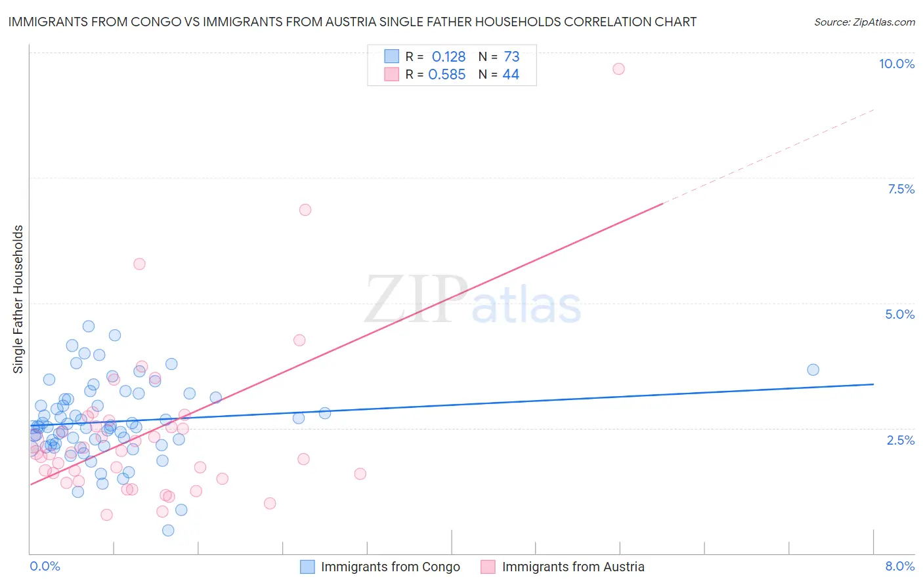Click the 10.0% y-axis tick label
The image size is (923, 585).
[896, 64]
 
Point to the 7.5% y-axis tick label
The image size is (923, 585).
[901, 189]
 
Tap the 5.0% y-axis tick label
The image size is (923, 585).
[899, 314]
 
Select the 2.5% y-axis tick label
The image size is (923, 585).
[900, 440]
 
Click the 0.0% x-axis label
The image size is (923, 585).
[45, 566]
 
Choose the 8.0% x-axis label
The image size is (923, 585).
[899, 566]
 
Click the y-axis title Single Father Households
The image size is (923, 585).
[18, 299]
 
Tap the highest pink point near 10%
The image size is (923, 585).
[618, 69]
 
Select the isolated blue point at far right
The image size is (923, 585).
[813, 370]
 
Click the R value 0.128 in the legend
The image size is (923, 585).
[448, 57]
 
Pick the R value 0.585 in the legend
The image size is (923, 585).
[447, 75]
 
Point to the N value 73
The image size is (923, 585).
[511, 57]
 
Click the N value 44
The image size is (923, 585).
[511, 75]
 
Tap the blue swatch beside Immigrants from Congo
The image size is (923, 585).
[307, 567]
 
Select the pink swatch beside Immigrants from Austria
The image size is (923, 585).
[488, 567]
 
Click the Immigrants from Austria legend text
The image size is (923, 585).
[573, 567]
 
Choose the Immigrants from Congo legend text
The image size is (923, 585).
[390, 567]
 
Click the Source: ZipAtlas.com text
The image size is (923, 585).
[864, 22]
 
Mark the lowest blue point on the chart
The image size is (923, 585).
[168, 531]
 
